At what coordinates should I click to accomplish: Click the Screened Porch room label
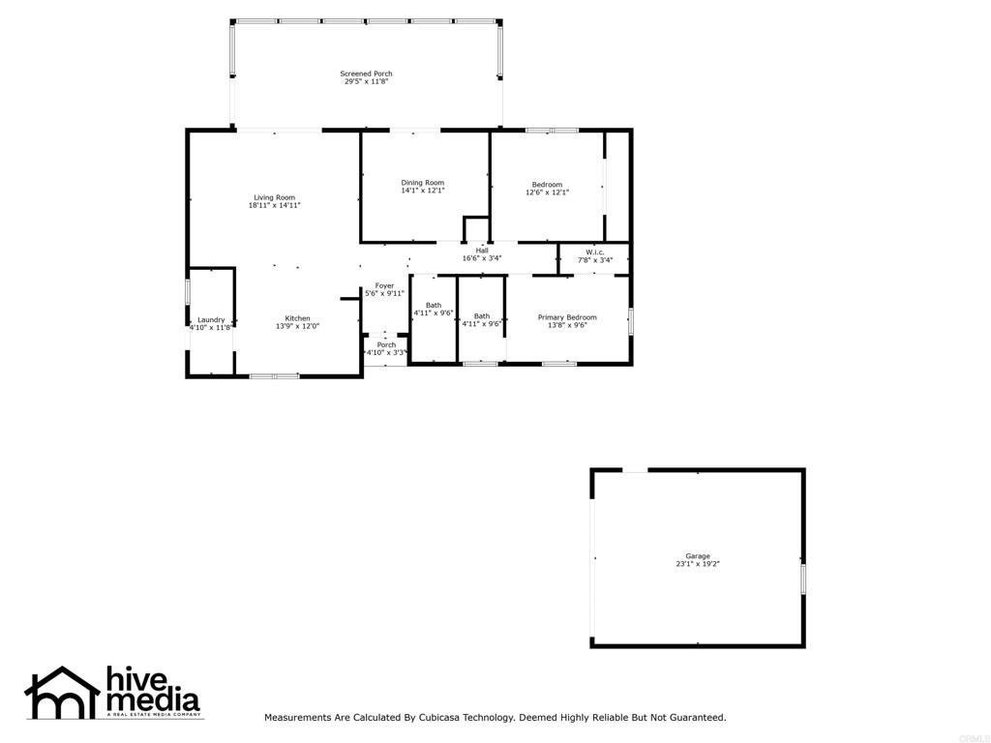[x=366, y=74]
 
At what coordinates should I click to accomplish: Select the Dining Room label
[x=423, y=183]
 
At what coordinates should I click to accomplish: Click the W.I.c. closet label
[x=595, y=252]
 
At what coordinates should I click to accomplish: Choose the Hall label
[x=482, y=251]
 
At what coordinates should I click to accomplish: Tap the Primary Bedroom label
[x=567, y=317]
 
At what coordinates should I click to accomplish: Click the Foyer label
[x=385, y=285]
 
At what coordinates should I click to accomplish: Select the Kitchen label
[x=297, y=318]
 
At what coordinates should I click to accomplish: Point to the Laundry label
[x=211, y=320]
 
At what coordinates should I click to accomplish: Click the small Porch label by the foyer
[x=386, y=345]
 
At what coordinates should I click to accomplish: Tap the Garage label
[x=698, y=556]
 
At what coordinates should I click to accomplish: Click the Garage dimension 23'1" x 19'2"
[x=698, y=564]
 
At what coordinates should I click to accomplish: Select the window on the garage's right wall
[x=802, y=579]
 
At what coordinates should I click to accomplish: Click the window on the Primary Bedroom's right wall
[x=630, y=320]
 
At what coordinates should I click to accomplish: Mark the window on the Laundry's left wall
[x=188, y=292]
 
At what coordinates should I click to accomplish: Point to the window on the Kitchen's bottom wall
[x=274, y=375]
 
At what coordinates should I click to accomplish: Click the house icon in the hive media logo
[x=61, y=693]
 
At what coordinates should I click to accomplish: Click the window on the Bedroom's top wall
[x=552, y=130]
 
